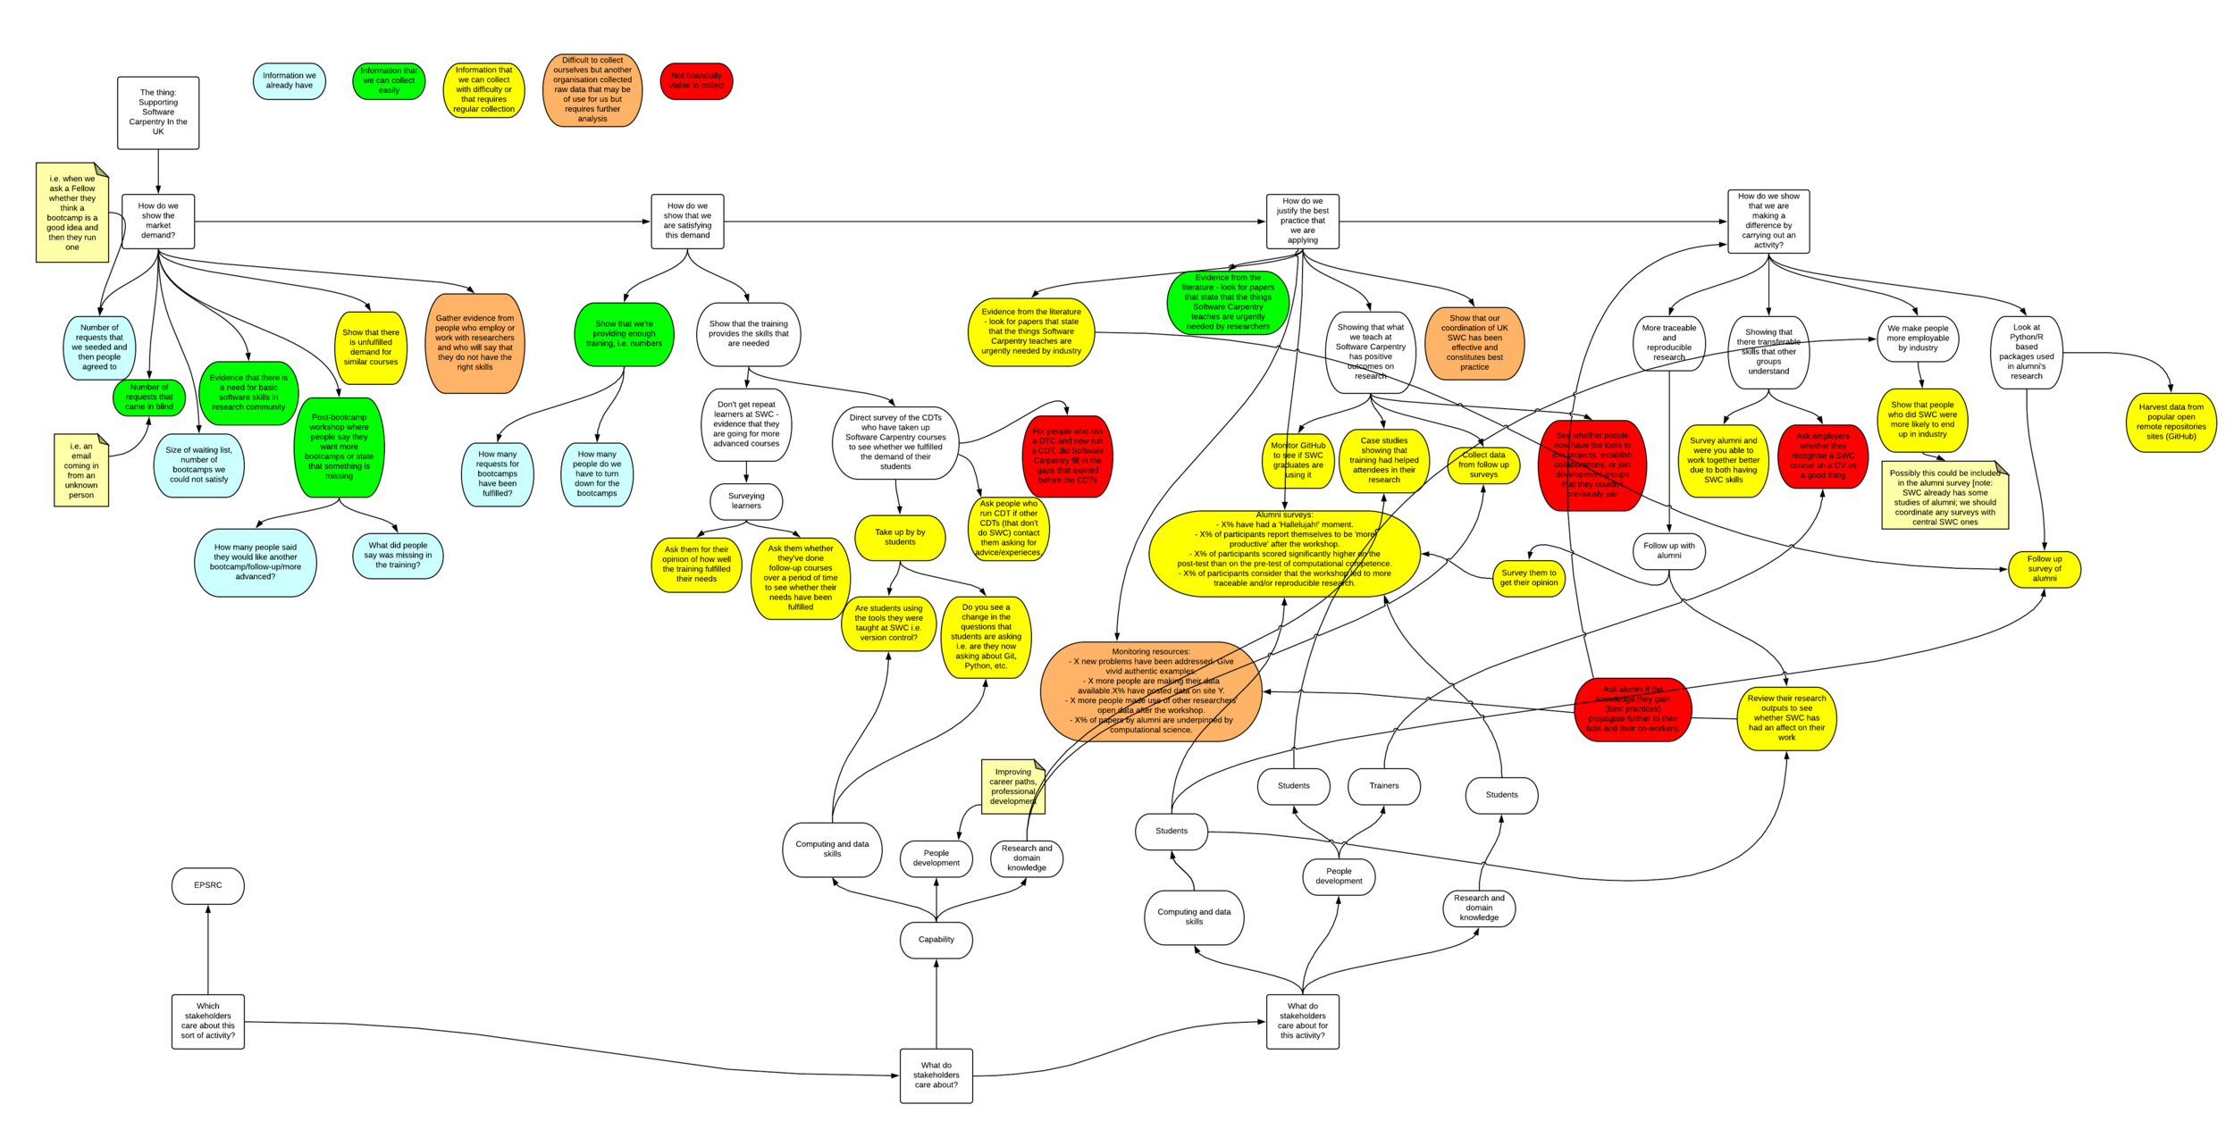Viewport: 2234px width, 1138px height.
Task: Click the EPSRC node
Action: pyautogui.click(x=207, y=885)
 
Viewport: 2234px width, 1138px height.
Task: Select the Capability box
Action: pyautogui.click(x=936, y=940)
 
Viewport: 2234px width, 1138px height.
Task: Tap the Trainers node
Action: pyautogui.click(x=1383, y=786)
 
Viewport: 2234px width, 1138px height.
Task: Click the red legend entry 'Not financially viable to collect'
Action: pyautogui.click(x=696, y=81)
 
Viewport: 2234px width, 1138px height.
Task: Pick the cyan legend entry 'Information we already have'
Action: pyautogui.click(x=289, y=81)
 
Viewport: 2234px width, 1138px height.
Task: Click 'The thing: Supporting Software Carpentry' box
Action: pyautogui.click(x=158, y=113)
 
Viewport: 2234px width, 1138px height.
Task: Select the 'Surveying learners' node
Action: pyautogui.click(x=746, y=501)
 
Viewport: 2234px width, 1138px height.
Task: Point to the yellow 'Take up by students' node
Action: pyautogui.click(x=900, y=538)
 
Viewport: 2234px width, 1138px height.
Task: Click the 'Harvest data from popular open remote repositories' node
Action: pyautogui.click(x=2171, y=423)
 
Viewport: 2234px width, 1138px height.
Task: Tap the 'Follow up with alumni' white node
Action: pyautogui.click(x=1668, y=551)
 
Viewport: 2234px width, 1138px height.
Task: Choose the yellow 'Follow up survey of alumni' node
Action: pyautogui.click(x=2044, y=569)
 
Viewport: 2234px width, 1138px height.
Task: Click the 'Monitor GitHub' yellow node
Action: pyautogui.click(x=1298, y=461)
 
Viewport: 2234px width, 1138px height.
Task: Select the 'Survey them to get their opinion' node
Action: pyautogui.click(x=1528, y=578)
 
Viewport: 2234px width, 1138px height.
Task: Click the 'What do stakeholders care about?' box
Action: pyautogui.click(x=936, y=1075)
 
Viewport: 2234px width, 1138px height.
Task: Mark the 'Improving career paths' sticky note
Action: pyautogui.click(x=1012, y=786)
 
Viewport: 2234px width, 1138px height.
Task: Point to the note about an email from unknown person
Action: pyautogui.click(x=81, y=470)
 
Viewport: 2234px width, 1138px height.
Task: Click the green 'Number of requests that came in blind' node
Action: pyautogui.click(x=149, y=397)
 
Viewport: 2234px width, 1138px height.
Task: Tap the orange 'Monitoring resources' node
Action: pyautogui.click(x=1151, y=691)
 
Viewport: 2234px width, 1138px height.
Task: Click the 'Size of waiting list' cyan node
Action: pyautogui.click(x=198, y=465)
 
